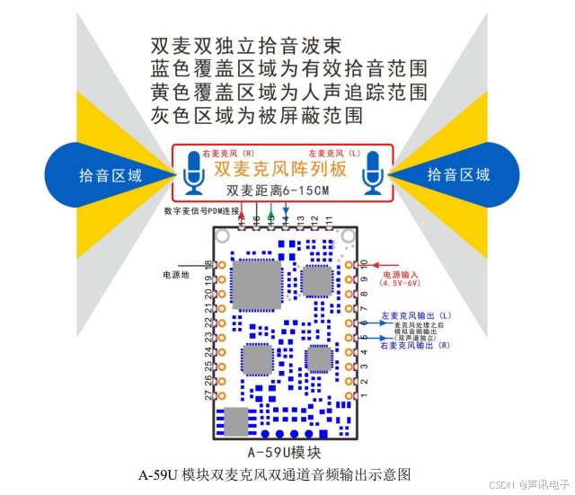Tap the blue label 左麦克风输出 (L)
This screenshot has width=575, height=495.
(x=416, y=316)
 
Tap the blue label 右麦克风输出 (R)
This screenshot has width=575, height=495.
(x=416, y=346)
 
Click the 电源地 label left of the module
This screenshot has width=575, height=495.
(x=176, y=273)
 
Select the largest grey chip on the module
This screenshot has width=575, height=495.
(x=252, y=287)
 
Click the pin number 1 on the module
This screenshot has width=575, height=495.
(x=363, y=395)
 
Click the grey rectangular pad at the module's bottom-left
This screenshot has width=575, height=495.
(x=235, y=420)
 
